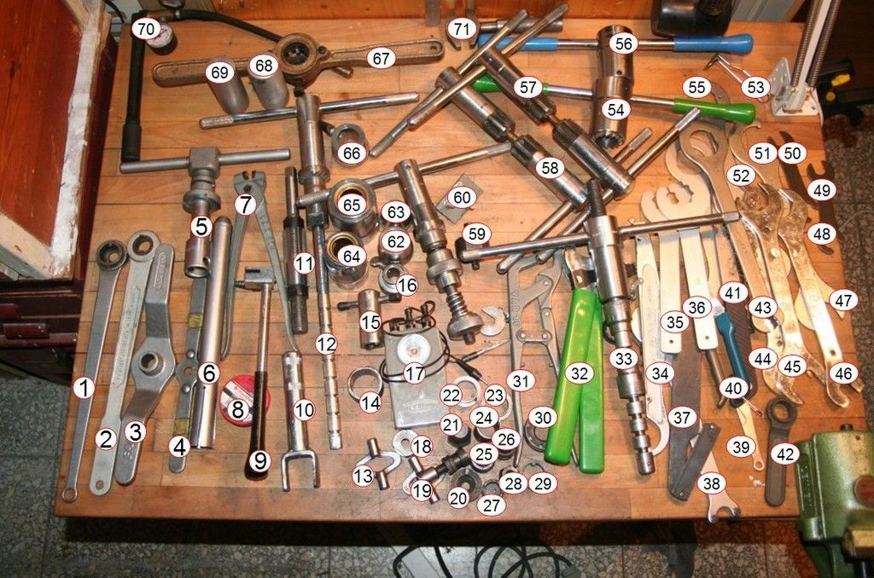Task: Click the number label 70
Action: [146, 29]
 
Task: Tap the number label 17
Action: [414, 373]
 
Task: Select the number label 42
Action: [785, 454]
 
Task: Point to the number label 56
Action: [624, 44]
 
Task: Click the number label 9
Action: [259, 460]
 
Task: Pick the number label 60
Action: [462, 197]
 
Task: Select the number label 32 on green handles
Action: [580, 373]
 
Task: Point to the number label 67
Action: [382, 58]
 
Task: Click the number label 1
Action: [84, 388]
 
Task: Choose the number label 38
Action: [711, 483]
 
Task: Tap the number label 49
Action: [822, 190]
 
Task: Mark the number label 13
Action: [364, 476]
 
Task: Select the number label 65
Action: [351, 205]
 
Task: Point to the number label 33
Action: [623, 359]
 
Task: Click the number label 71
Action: [462, 29]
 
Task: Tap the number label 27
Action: [491, 505]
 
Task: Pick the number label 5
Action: [201, 227]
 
